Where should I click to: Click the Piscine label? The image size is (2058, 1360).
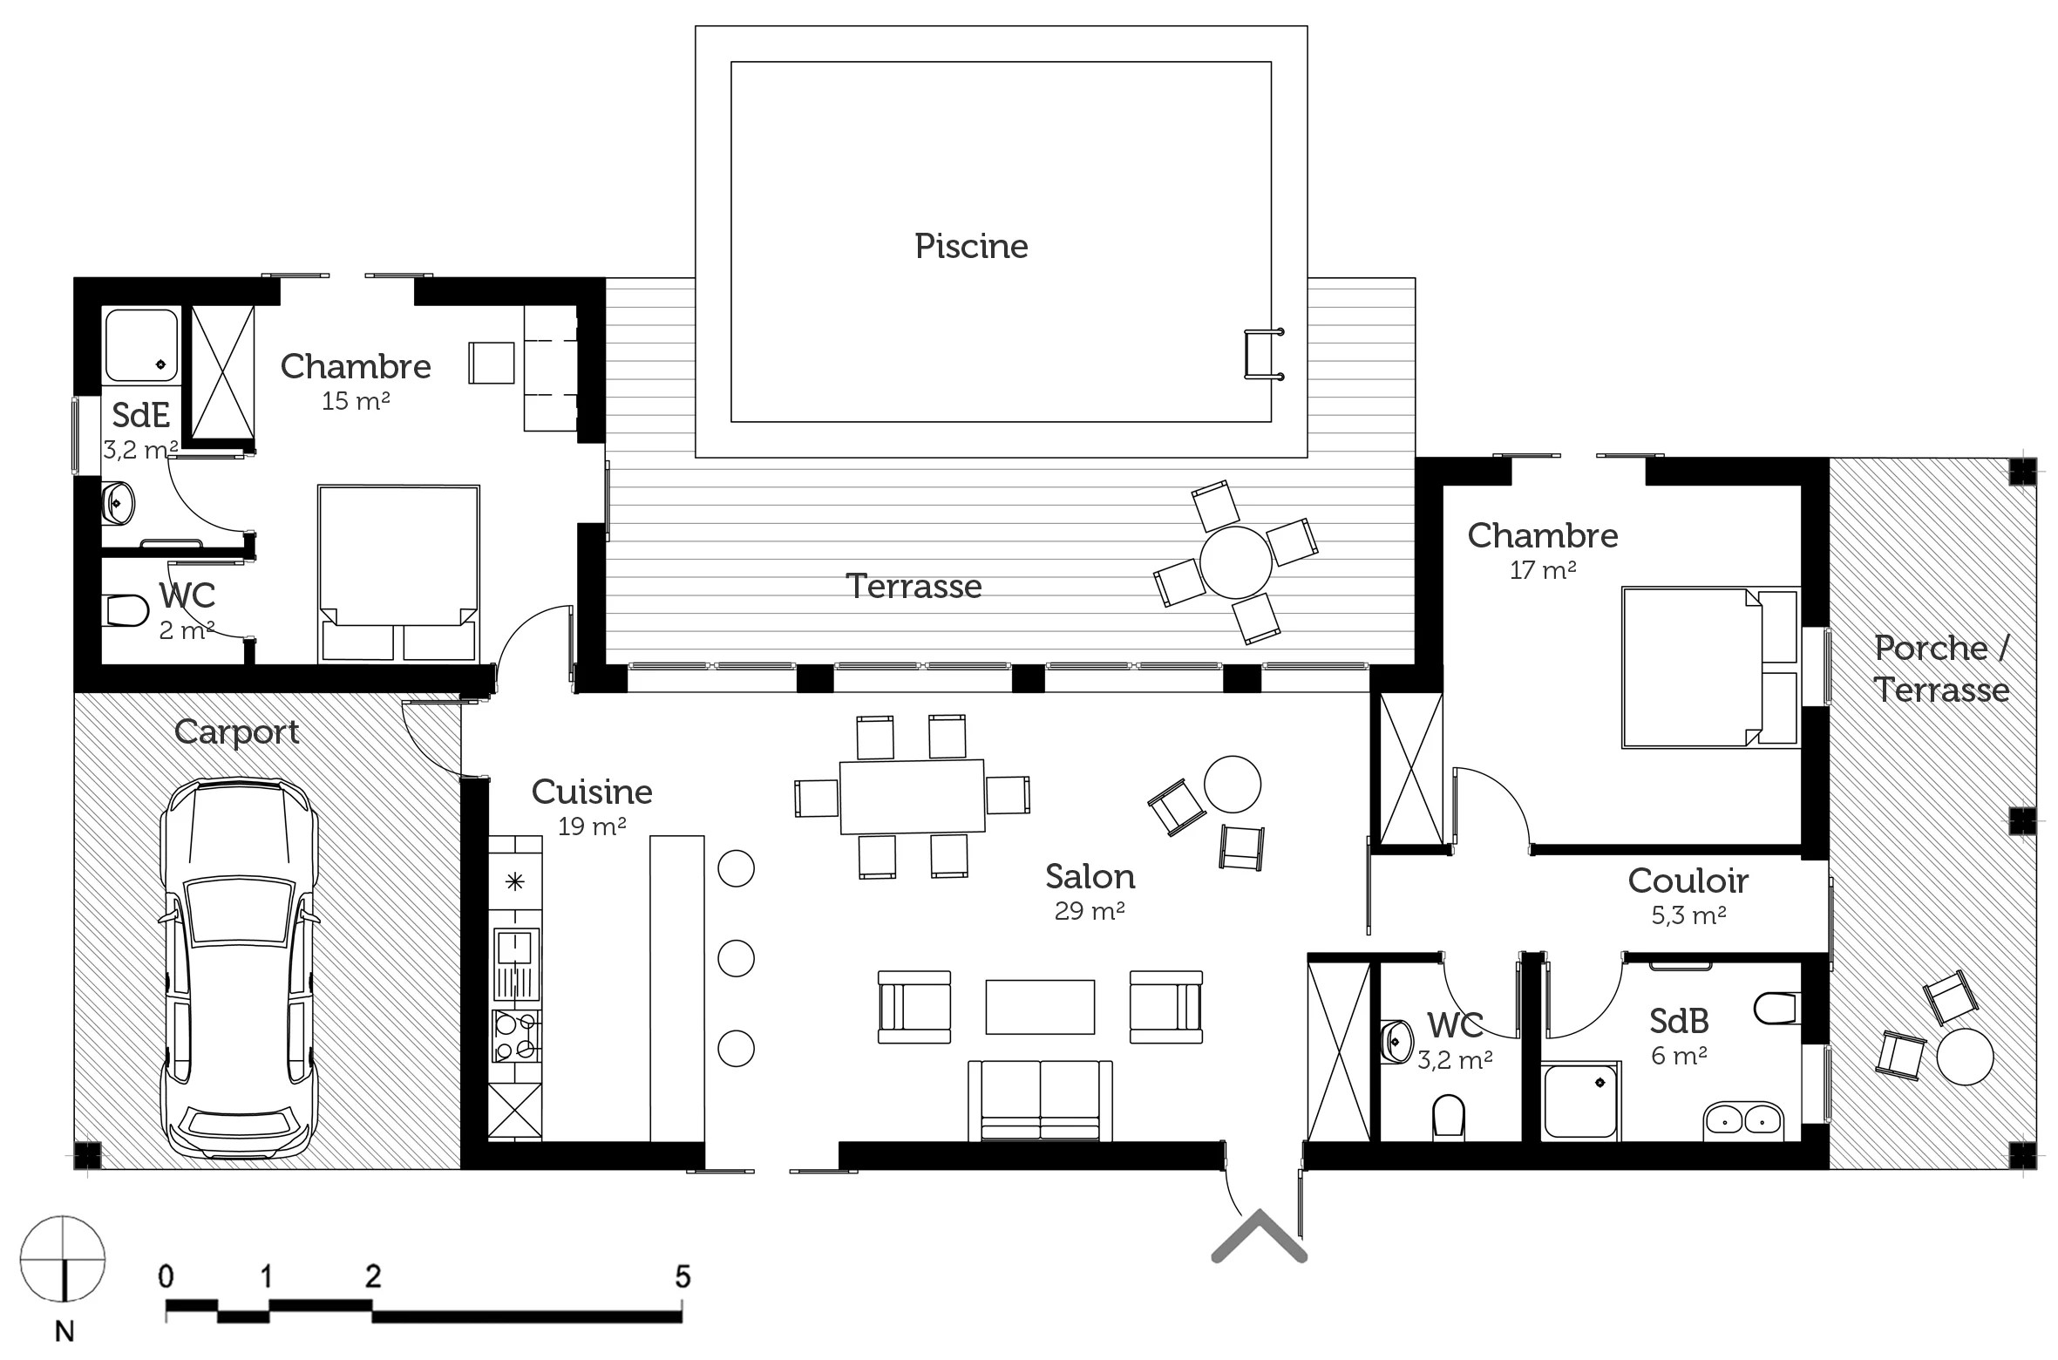click(x=971, y=247)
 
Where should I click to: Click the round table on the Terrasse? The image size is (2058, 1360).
click(x=1235, y=562)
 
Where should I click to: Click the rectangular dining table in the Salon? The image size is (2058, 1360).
click(x=912, y=796)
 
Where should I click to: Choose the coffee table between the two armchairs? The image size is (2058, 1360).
click(x=1040, y=1007)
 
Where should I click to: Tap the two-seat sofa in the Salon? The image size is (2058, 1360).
click(x=1040, y=1100)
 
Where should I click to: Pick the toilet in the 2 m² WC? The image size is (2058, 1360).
click(x=126, y=610)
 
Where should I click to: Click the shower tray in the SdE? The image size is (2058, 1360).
click(x=141, y=343)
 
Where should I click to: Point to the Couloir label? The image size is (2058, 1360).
click(x=1688, y=881)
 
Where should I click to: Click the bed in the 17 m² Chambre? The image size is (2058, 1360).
click(x=1710, y=668)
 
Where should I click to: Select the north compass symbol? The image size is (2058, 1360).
click(x=63, y=1259)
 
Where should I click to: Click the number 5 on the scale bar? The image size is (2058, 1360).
click(x=683, y=1277)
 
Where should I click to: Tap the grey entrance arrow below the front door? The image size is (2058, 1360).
click(x=1259, y=1236)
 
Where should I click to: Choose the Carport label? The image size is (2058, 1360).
click(x=236, y=732)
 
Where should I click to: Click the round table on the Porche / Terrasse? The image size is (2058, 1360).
click(x=1965, y=1057)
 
